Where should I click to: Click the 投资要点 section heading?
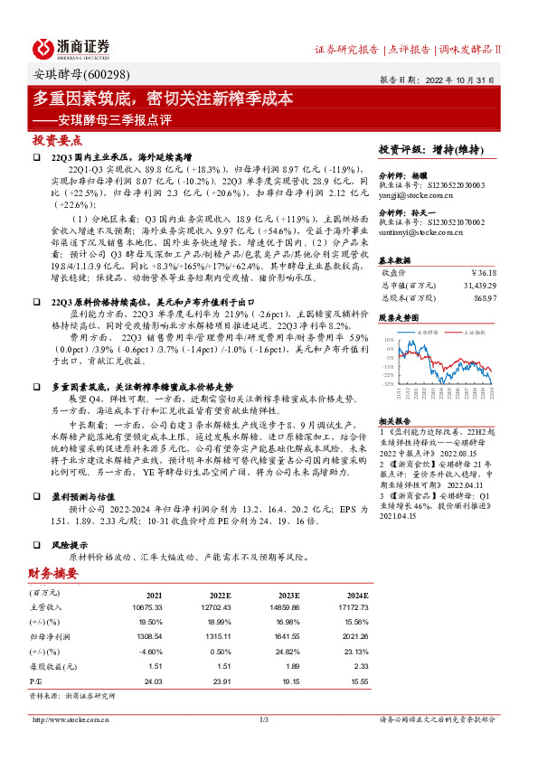58,141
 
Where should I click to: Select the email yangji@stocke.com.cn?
417,193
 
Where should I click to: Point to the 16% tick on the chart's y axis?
388,339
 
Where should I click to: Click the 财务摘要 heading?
52,573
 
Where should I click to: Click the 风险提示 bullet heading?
71,544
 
